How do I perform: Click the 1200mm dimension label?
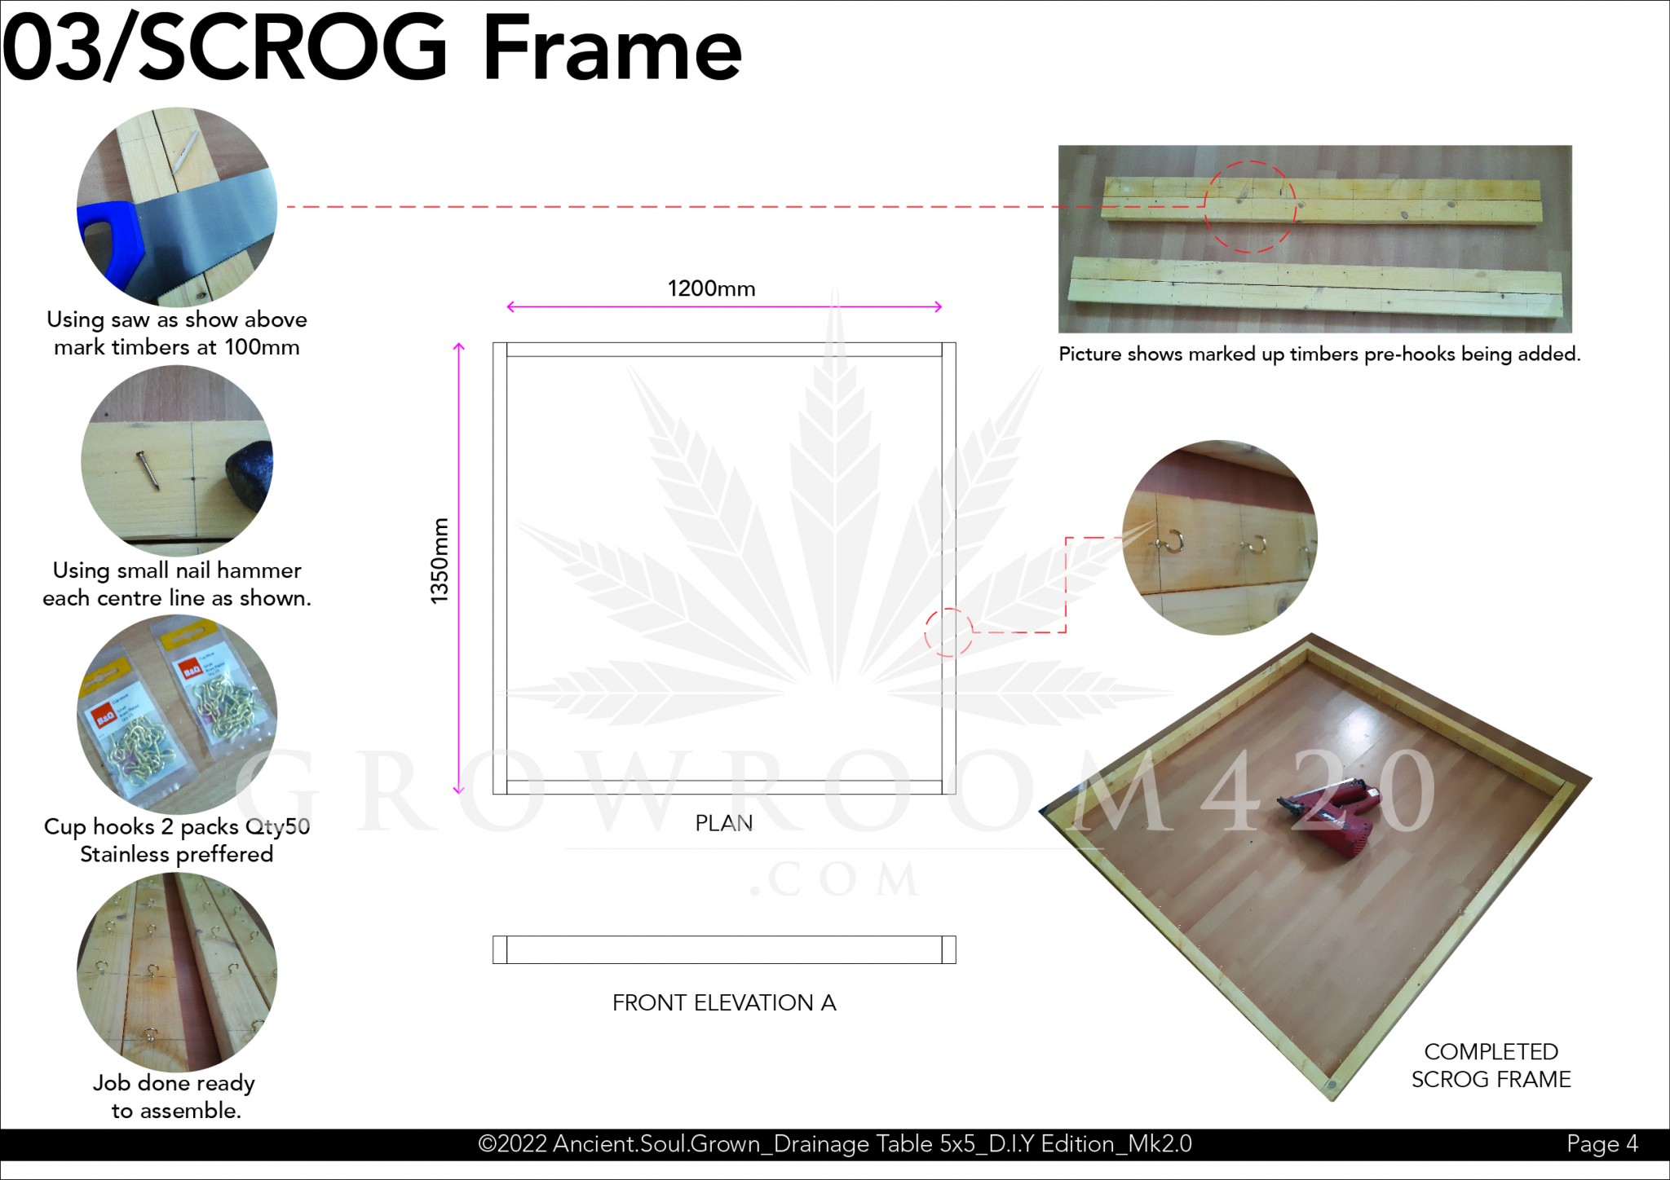711,288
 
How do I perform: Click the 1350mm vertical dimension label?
440,561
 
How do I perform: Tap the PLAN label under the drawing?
724,823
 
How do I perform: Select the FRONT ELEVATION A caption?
724,1002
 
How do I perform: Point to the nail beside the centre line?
147,470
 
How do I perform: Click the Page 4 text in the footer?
1602,1144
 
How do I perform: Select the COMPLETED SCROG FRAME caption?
1491,1065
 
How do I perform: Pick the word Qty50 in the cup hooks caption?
277,826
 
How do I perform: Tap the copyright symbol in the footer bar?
487,1144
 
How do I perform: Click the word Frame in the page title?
612,49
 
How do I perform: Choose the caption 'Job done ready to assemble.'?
175,1096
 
